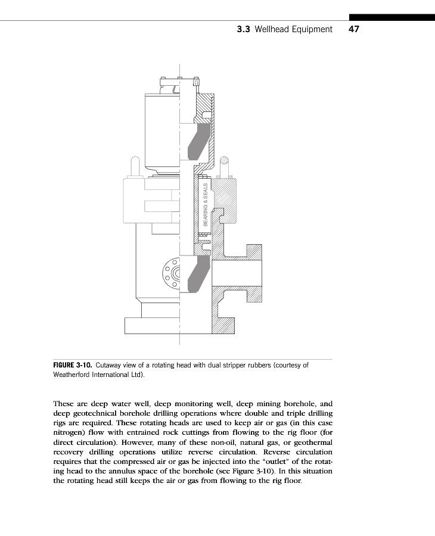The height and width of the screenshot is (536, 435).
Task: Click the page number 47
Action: [353, 29]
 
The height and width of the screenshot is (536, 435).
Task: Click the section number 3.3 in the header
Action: [243, 29]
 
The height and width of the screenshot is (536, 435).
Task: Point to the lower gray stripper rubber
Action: [197, 276]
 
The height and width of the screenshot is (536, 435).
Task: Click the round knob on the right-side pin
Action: [224, 160]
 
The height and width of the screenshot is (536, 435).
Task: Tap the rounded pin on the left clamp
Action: [135, 164]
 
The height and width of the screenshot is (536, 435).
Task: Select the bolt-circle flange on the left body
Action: [172, 273]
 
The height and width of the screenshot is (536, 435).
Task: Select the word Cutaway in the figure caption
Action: [110, 365]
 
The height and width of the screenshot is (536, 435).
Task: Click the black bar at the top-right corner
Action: [392, 17]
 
